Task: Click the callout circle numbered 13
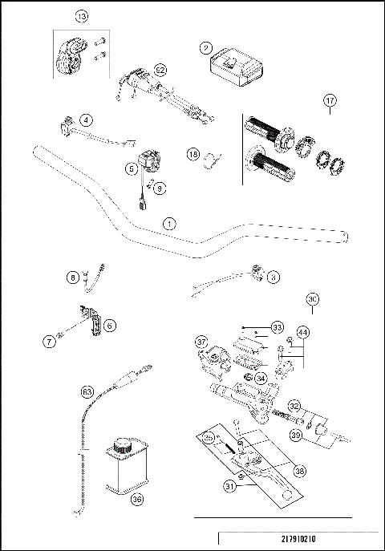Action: (x=81, y=16)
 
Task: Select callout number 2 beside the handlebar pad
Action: (x=206, y=47)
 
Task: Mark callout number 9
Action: (x=159, y=188)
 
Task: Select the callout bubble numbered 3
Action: (x=274, y=277)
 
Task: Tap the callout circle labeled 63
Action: (x=87, y=392)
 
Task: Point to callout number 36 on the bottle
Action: (x=136, y=498)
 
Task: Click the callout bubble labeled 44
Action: (x=302, y=330)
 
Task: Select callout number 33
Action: (x=278, y=327)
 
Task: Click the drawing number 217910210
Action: (x=298, y=541)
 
